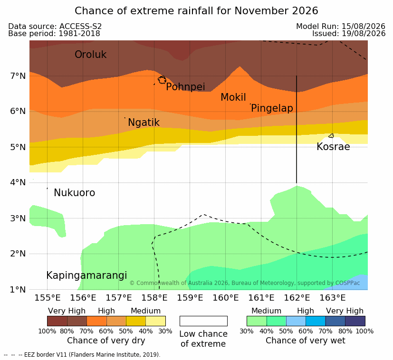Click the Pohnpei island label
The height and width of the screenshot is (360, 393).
[185, 87]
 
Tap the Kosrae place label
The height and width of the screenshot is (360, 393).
[333, 147]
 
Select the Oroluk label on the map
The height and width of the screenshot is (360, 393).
[90, 54]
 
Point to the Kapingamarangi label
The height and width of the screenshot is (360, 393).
[86, 275]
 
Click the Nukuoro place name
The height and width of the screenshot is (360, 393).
[75, 193]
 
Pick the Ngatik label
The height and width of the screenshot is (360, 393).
[144, 123]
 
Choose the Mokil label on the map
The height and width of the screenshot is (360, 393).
[233, 97]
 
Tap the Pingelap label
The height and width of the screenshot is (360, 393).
[272, 108]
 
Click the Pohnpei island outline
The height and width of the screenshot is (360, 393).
[162, 80]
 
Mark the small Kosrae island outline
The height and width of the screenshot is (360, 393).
[331, 136]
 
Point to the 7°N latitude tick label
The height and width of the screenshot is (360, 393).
[18, 76]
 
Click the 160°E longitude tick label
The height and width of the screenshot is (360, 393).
[226, 298]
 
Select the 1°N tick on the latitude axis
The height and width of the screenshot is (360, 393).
[18, 290]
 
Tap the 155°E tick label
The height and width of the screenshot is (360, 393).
[48, 298]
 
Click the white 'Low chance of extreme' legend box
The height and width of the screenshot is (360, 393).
[203, 321]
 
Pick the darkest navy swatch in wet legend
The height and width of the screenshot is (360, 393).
[355, 321]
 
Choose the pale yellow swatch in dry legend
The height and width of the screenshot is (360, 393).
[156, 321]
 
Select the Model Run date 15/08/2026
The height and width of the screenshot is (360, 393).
[363, 26]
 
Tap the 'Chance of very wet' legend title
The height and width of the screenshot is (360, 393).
[305, 341]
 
